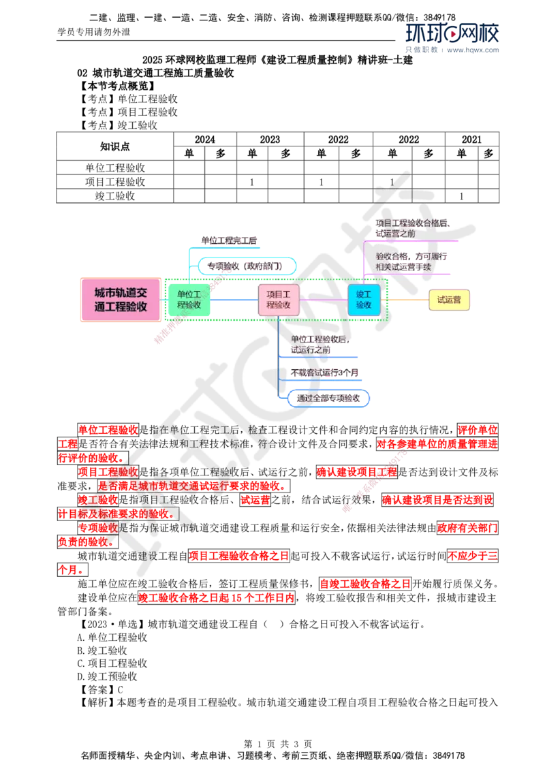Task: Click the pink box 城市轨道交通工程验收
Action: [x=121, y=299]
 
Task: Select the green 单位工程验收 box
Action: [x=189, y=299]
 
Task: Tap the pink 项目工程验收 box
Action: [x=278, y=299]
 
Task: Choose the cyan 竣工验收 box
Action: [x=363, y=299]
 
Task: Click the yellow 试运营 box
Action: [x=449, y=300]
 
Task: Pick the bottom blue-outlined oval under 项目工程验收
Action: [x=328, y=398]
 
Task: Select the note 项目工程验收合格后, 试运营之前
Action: [x=412, y=227]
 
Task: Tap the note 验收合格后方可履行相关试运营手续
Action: [x=412, y=262]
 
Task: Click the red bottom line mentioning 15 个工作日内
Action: [x=216, y=598]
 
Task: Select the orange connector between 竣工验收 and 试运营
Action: [x=407, y=300]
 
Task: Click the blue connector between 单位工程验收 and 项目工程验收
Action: [x=234, y=300]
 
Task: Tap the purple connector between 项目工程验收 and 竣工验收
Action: [x=323, y=300]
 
